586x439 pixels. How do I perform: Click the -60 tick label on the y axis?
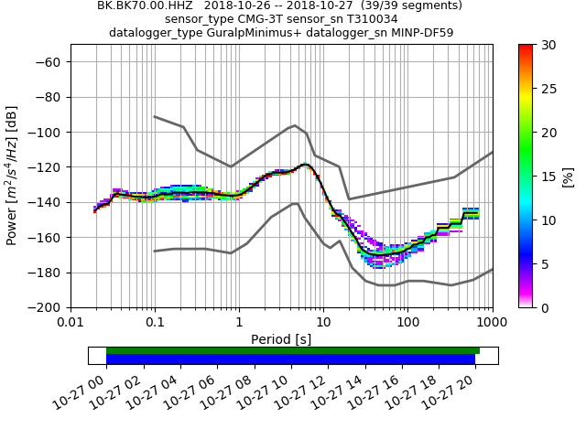51,62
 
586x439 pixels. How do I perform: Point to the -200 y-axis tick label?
49,307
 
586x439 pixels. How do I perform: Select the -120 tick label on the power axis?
49,167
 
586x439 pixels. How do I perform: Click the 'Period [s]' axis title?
281,339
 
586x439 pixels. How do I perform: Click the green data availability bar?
293,350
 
